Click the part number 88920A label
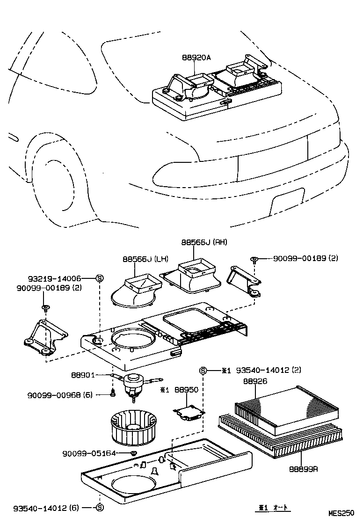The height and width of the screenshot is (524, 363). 196,58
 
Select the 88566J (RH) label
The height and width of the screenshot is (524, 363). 204,242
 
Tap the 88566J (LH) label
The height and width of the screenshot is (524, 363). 146,259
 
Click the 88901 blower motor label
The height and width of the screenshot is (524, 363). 83,375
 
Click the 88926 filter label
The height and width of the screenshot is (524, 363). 255,381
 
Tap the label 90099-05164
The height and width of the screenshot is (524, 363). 89,453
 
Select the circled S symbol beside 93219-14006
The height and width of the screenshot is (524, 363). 100,278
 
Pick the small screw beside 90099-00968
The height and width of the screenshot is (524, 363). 113,394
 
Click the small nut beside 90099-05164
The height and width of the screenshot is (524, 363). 133,453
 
